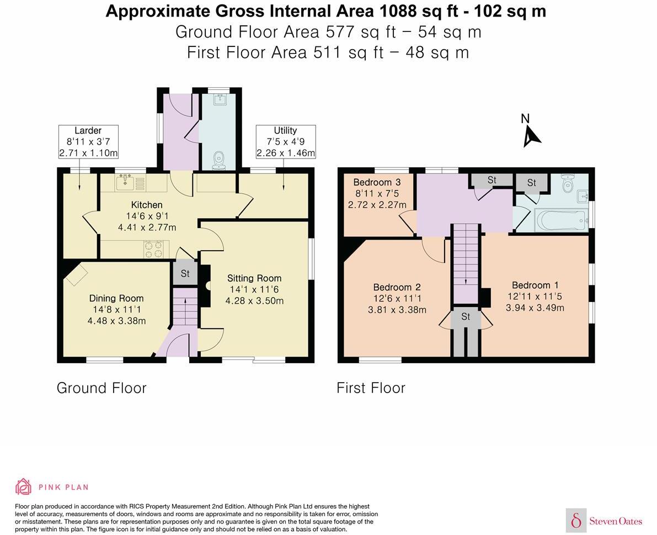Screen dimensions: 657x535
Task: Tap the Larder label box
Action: pyautogui.click(x=88, y=142)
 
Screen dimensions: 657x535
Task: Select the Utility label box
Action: pyautogui.click(x=285, y=142)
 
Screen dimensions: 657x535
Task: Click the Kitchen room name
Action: pyautogui.click(x=147, y=205)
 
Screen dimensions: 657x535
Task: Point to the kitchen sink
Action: pyautogui.click(x=125, y=183)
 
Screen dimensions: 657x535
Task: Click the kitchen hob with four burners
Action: pyautogui.click(x=154, y=249)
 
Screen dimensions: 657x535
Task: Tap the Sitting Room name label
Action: pyautogui.click(x=254, y=278)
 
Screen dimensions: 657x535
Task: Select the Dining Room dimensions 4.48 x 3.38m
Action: pyautogui.click(x=116, y=321)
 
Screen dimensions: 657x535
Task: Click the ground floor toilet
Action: pyautogui.click(x=218, y=161)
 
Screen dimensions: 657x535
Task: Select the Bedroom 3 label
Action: pyautogui.click(x=377, y=182)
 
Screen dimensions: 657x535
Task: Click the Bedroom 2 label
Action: pyautogui.click(x=397, y=288)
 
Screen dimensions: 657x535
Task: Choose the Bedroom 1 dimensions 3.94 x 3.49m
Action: pyautogui.click(x=535, y=308)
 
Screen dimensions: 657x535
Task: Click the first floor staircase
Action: pyautogui.click(x=465, y=263)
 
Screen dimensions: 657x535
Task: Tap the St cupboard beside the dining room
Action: pyautogui.click(x=185, y=274)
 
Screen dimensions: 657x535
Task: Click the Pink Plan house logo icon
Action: pyautogui.click(x=24, y=487)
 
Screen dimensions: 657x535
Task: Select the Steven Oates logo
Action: pyautogui.click(x=604, y=521)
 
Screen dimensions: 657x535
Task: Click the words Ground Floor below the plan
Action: pyautogui.click(x=102, y=388)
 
